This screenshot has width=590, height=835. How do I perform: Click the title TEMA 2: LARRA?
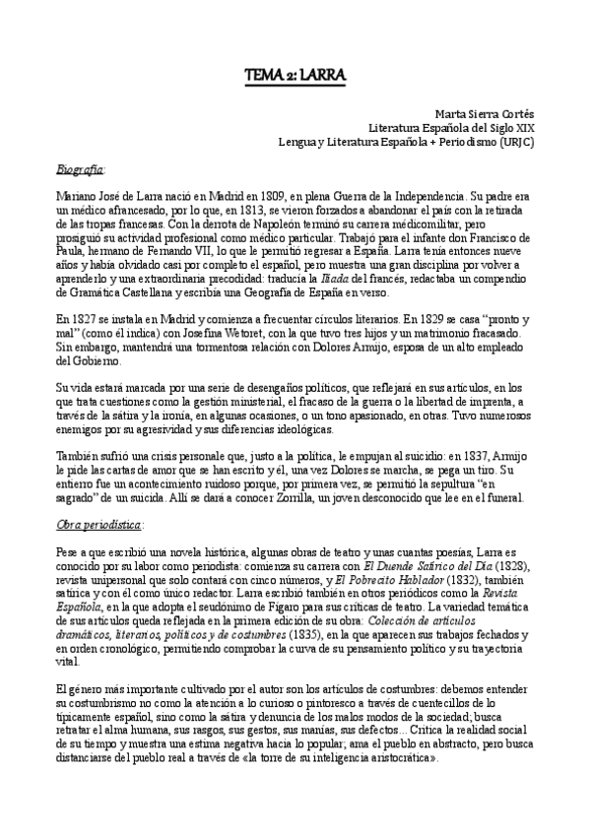coord(295,75)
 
